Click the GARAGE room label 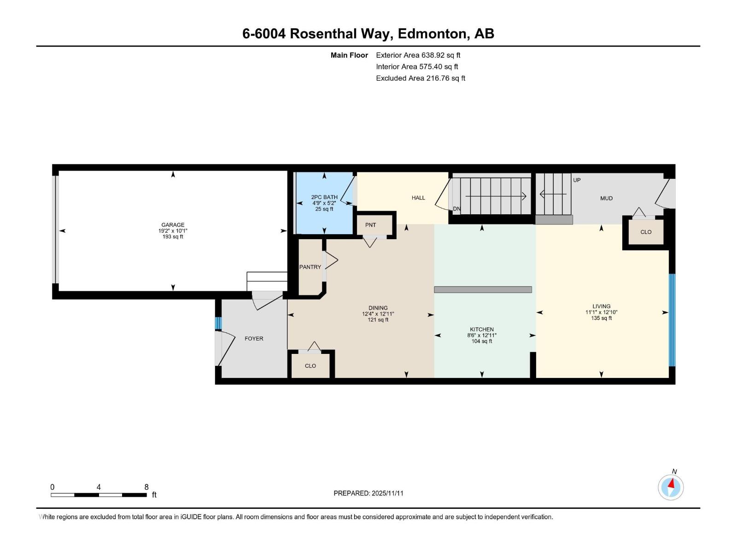173,225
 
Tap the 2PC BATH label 324,197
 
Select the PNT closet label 370,225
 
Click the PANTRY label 310,267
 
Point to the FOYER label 254,338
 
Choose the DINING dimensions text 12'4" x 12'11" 378,314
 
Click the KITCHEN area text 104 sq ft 482,341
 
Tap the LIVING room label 601,306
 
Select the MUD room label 606,198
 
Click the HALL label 418,198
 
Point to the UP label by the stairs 577,180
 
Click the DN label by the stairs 456,209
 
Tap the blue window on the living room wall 672,320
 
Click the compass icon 671,487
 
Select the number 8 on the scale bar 146,487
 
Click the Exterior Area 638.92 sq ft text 418,55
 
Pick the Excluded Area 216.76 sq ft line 420,78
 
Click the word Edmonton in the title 431,34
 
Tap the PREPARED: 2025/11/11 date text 368,493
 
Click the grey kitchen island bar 483,289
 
